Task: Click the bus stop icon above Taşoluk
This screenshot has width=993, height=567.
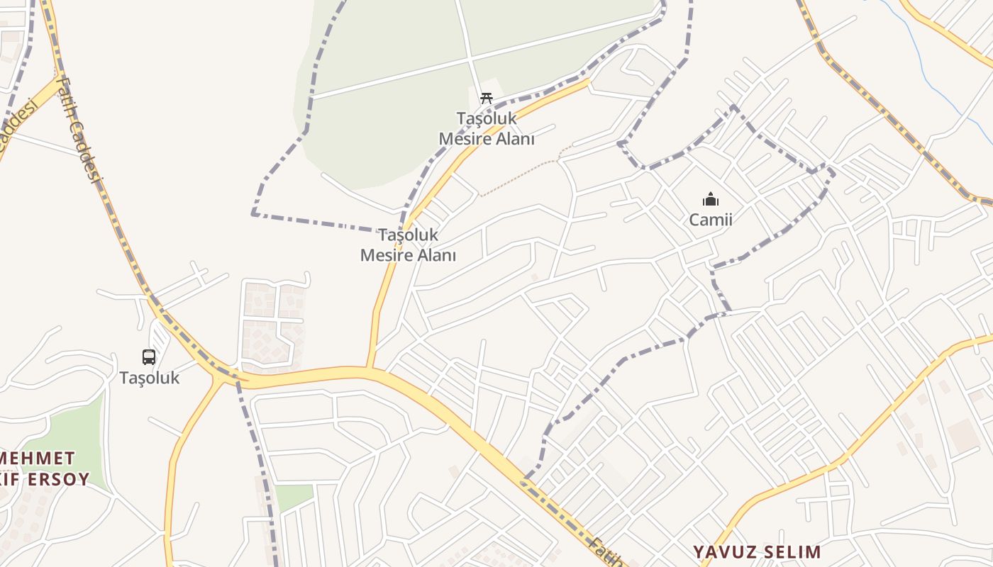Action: (149, 357)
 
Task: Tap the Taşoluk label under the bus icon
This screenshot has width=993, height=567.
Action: (149, 378)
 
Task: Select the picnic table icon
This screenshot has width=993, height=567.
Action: (486, 98)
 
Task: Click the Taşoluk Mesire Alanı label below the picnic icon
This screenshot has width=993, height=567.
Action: (486, 128)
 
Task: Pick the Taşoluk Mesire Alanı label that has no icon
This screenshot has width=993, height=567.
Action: (408, 245)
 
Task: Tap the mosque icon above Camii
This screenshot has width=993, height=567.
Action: (710, 199)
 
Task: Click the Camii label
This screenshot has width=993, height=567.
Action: (710, 220)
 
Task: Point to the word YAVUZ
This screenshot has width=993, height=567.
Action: (725, 551)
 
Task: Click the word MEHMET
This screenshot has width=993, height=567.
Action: (37, 457)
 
